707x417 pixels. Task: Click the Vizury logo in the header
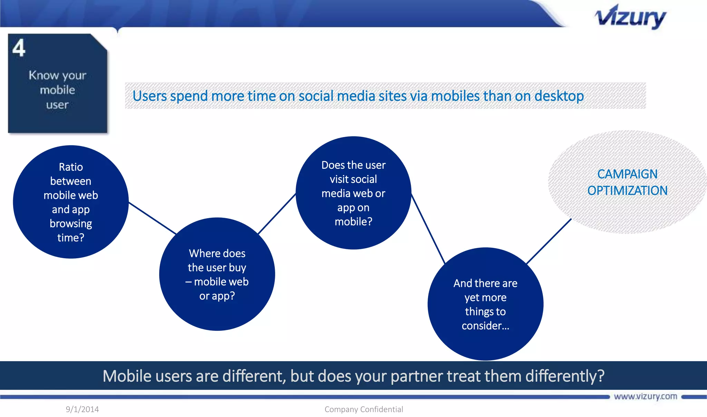point(630,17)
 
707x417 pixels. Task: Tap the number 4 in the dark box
point(19,48)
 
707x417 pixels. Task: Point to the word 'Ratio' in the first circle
point(71,167)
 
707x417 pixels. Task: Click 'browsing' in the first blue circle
point(71,224)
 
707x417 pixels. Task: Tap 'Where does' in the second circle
point(217,253)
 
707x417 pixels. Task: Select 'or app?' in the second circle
point(217,296)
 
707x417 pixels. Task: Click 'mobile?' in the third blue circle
point(353,222)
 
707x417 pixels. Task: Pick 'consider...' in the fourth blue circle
point(485,326)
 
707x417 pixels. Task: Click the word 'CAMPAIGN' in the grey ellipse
point(627,174)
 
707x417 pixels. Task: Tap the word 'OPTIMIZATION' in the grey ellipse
point(627,191)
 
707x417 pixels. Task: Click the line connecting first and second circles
point(152,218)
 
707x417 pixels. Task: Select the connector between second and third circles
point(277,214)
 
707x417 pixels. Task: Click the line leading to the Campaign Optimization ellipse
point(549,241)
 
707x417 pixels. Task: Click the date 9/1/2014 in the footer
point(82,409)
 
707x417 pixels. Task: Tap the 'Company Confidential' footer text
point(364,409)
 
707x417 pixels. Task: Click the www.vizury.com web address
point(645,396)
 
